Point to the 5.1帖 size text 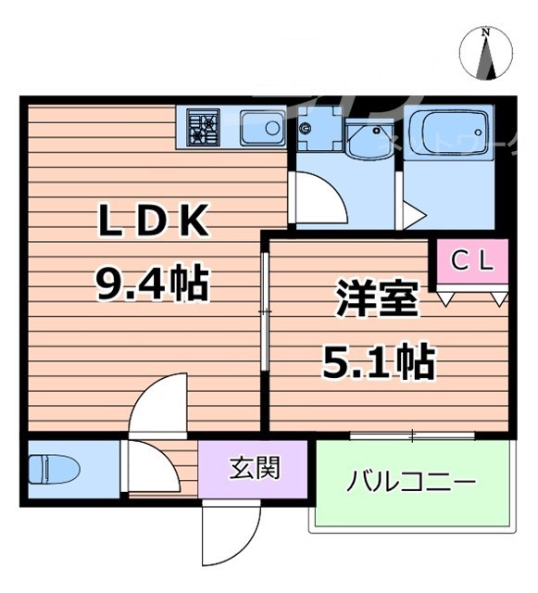click(378, 360)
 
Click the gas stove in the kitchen click(203, 126)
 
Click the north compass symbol click(487, 53)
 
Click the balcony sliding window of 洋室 click(413, 434)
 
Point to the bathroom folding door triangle click(410, 215)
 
